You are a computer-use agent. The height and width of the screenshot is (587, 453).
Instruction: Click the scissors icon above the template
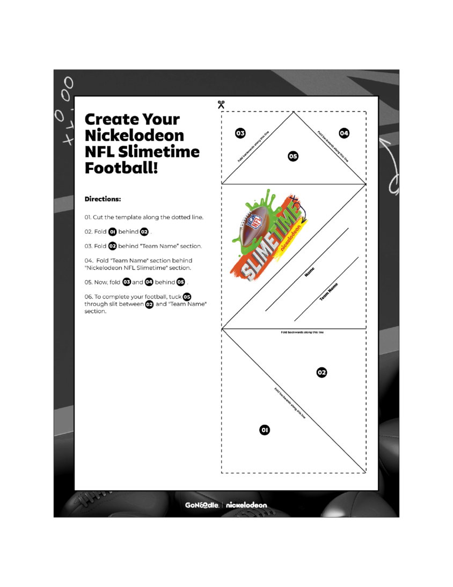(x=221, y=104)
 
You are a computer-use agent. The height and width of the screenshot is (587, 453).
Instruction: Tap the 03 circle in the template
(x=240, y=133)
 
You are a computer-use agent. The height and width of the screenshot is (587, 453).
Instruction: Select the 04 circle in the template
(x=344, y=133)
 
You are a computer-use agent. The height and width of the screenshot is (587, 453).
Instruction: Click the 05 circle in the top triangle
(x=293, y=156)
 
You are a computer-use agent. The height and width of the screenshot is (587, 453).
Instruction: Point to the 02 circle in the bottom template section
(x=322, y=372)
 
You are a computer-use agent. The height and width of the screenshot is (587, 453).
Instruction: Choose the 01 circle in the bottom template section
(x=265, y=429)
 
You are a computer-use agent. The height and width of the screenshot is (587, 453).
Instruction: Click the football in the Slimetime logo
(x=259, y=224)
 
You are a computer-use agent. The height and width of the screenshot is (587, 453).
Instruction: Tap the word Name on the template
(x=309, y=272)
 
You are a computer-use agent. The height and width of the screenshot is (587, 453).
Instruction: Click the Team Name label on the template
(x=329, y=291)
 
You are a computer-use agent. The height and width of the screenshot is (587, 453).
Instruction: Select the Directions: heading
(x=103, y=199)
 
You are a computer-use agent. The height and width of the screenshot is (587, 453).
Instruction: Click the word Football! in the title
(x=121, y=168)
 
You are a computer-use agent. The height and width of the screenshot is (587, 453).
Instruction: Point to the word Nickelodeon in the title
(x=134, y=135)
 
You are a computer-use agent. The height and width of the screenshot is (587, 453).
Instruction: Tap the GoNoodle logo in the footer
(x=201, y=505)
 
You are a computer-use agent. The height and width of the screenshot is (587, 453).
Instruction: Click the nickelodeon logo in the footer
(x=246, y=505)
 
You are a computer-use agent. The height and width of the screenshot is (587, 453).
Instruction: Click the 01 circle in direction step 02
(x=112, y=232)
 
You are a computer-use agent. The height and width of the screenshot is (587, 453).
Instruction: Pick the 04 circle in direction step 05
(x=149, y=282)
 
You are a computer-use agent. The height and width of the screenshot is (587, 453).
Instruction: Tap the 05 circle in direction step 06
(x=187, y=297)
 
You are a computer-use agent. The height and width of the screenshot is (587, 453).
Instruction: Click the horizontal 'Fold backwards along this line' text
(x=302, y=332)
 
